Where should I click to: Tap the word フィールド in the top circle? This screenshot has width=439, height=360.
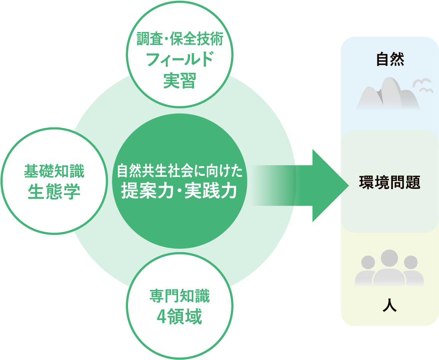pos(179,60)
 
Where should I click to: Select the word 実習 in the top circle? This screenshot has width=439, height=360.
pos(179,80)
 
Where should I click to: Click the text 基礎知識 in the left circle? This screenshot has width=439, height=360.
pos(54,171)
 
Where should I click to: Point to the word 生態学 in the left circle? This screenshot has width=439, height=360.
pos(54,192)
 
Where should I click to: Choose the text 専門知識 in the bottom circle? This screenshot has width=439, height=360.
pos(179,296)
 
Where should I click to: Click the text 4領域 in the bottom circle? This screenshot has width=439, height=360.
pos(179,317)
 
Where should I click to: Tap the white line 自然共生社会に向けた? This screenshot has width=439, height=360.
pos(179,172)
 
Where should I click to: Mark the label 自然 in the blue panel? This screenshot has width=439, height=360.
pos(389,60)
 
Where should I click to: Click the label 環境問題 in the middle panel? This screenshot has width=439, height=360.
pos(389,182)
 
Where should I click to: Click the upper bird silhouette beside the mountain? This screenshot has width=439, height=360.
pos(421,82)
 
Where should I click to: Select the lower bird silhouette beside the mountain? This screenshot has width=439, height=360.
pos(426,90)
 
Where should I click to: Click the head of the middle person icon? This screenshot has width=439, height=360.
pos(389,259)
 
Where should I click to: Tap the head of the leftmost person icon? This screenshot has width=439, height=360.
pos(368,262)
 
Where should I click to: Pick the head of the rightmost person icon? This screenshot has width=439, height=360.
pos(411,262)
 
